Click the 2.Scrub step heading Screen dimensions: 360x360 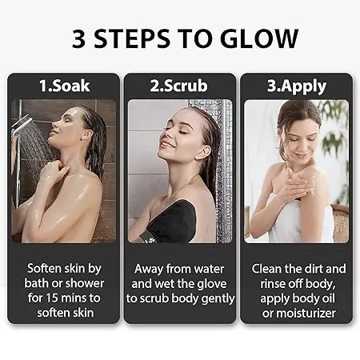180,84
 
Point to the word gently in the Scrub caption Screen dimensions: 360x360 216,298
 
